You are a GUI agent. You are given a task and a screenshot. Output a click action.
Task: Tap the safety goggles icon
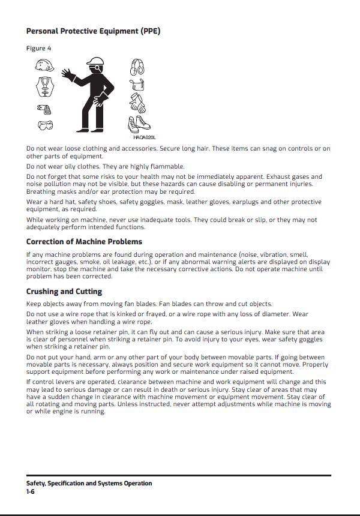(x=44, y=126)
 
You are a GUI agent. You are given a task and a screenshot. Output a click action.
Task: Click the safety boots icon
(x=138, y=125)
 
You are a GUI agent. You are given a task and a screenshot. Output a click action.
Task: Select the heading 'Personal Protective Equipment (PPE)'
(x=93, y=31)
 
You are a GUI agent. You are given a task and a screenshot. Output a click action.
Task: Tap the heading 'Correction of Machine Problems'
(x=84, y=242)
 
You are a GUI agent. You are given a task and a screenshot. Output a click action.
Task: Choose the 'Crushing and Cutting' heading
(x=64, y=292)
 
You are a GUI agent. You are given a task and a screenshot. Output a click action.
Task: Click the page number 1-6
(x=31, y=491)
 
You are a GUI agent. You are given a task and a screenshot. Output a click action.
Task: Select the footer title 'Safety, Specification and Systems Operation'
(x=89, y=483)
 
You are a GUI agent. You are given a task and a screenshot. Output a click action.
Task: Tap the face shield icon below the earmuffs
(x=137, y=86)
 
